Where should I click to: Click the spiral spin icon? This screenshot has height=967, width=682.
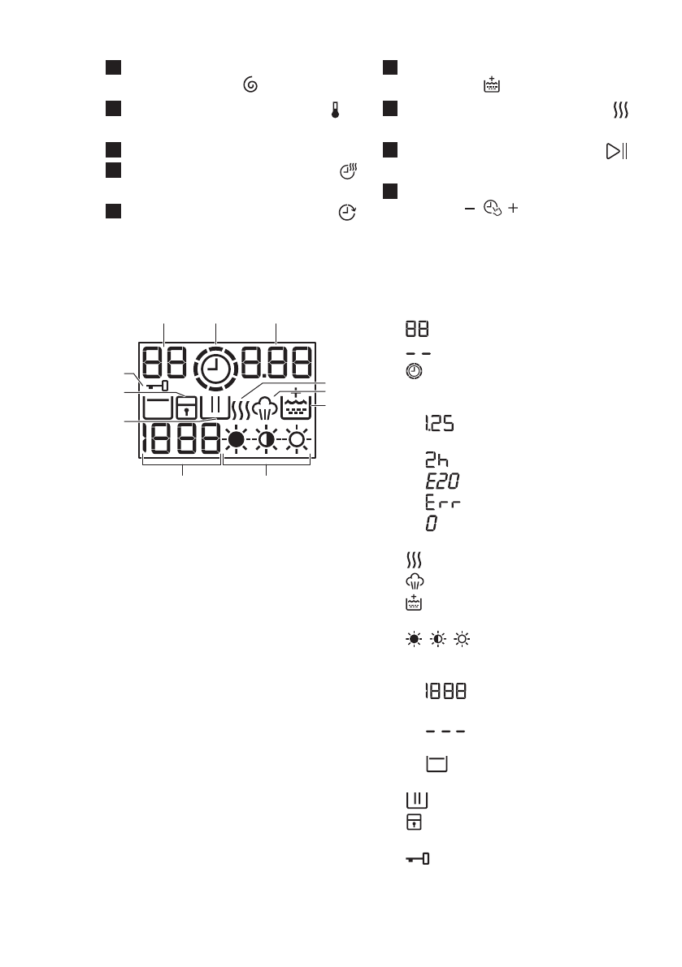coord(251,84)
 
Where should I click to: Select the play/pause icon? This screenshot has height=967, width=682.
coord(616,152)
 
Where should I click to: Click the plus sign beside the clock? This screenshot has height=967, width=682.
coord(512,209)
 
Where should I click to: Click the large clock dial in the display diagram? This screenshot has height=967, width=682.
coord(215,369)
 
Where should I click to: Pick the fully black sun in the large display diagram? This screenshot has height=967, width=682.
coord(237,440)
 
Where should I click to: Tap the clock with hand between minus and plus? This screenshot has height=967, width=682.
coord(490,209)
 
